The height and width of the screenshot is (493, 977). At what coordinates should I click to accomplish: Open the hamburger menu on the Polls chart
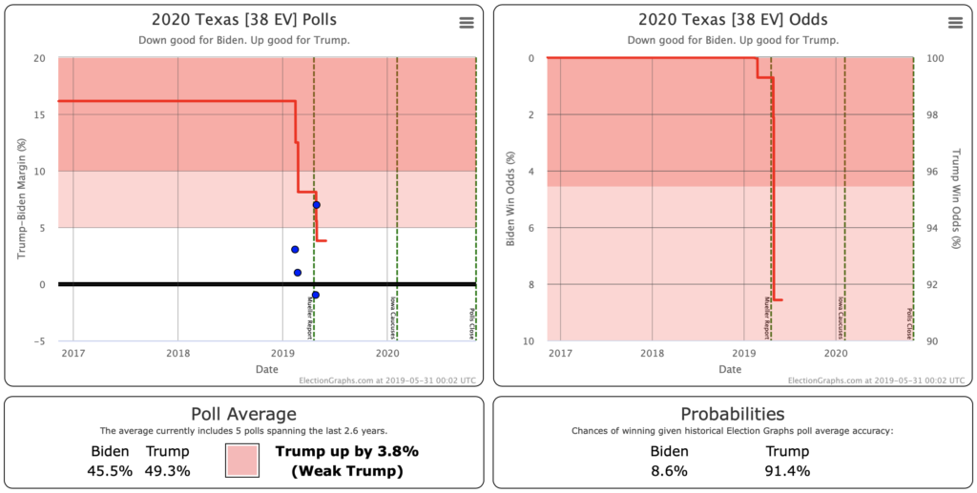click(x=466, y=23)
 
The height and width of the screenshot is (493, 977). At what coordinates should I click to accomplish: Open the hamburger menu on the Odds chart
click(x=954, y=23)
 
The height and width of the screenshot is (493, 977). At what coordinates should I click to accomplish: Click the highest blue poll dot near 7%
click(x=316, y=205)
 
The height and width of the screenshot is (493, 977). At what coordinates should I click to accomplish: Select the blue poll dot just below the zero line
click(x=316, y=295)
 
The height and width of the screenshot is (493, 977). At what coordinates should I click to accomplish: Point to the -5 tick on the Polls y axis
click(x=38, y=340)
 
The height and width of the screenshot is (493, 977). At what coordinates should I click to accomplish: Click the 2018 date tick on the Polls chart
click(x=178, y=353)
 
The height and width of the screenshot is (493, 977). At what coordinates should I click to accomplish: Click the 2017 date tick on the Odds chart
click(x=560, y=353)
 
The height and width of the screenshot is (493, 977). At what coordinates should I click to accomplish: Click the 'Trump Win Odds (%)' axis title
click(x=957, y=199)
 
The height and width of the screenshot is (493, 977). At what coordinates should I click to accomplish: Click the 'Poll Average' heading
click(x=243, y=414)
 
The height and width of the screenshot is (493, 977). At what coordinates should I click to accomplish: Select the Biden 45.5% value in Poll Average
click(x=110, y=471)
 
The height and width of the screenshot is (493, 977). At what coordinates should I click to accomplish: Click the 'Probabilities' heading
click(x=732, y=414)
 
